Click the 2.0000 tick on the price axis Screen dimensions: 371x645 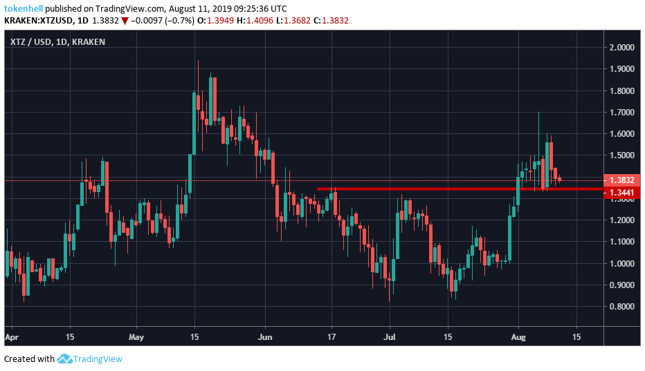(x=621, y=47)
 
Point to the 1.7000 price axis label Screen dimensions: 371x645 (x=621, y=112)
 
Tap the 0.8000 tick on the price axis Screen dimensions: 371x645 (x=621, y=307)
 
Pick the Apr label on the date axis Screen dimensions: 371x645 (x=12, y=338)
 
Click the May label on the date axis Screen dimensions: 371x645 (x=136, y=338)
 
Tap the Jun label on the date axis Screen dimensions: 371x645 (x=265, y=338)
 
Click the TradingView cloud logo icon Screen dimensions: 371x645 (x=65, y=359)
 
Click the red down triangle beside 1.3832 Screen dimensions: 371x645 (x=124, y=21)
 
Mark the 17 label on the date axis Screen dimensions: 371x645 (x=332, y=338)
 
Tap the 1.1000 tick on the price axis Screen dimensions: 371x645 (x=621, y=242)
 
